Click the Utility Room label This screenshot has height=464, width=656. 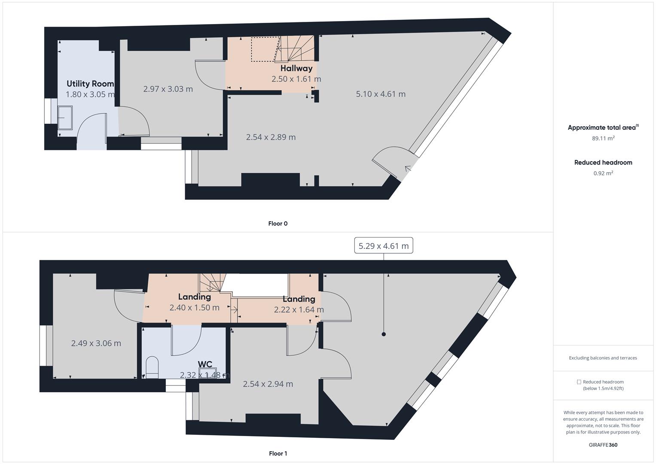90,84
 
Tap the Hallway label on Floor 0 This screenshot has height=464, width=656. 296,68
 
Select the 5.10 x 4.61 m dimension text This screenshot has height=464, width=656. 381,94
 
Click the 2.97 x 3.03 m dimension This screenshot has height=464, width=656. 168,89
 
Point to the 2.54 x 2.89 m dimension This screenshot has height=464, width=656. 271,137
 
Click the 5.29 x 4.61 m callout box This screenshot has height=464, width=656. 383,246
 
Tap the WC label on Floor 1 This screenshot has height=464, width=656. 205,365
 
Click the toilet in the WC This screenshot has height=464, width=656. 152,368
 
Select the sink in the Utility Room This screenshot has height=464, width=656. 65,117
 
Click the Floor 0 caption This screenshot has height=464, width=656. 278,223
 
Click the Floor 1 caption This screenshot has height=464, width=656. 278,453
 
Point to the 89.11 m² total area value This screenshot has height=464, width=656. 603,138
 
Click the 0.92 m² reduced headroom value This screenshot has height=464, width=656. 603,174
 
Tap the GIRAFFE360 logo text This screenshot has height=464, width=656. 603,445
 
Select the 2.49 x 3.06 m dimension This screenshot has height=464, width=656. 96,343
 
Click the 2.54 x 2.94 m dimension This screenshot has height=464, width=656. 268,384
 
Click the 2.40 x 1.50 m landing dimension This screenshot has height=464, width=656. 194,308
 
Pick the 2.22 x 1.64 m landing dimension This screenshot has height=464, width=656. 299,310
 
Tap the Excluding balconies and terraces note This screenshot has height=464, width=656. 603,358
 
